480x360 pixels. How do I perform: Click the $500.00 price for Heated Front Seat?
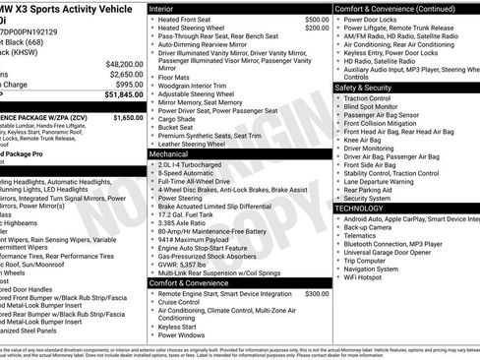[317, 20]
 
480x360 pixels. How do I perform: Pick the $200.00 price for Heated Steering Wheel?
[317, 29]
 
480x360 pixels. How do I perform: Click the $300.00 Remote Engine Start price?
[317, 293]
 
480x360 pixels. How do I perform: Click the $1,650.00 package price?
[128, 117]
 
